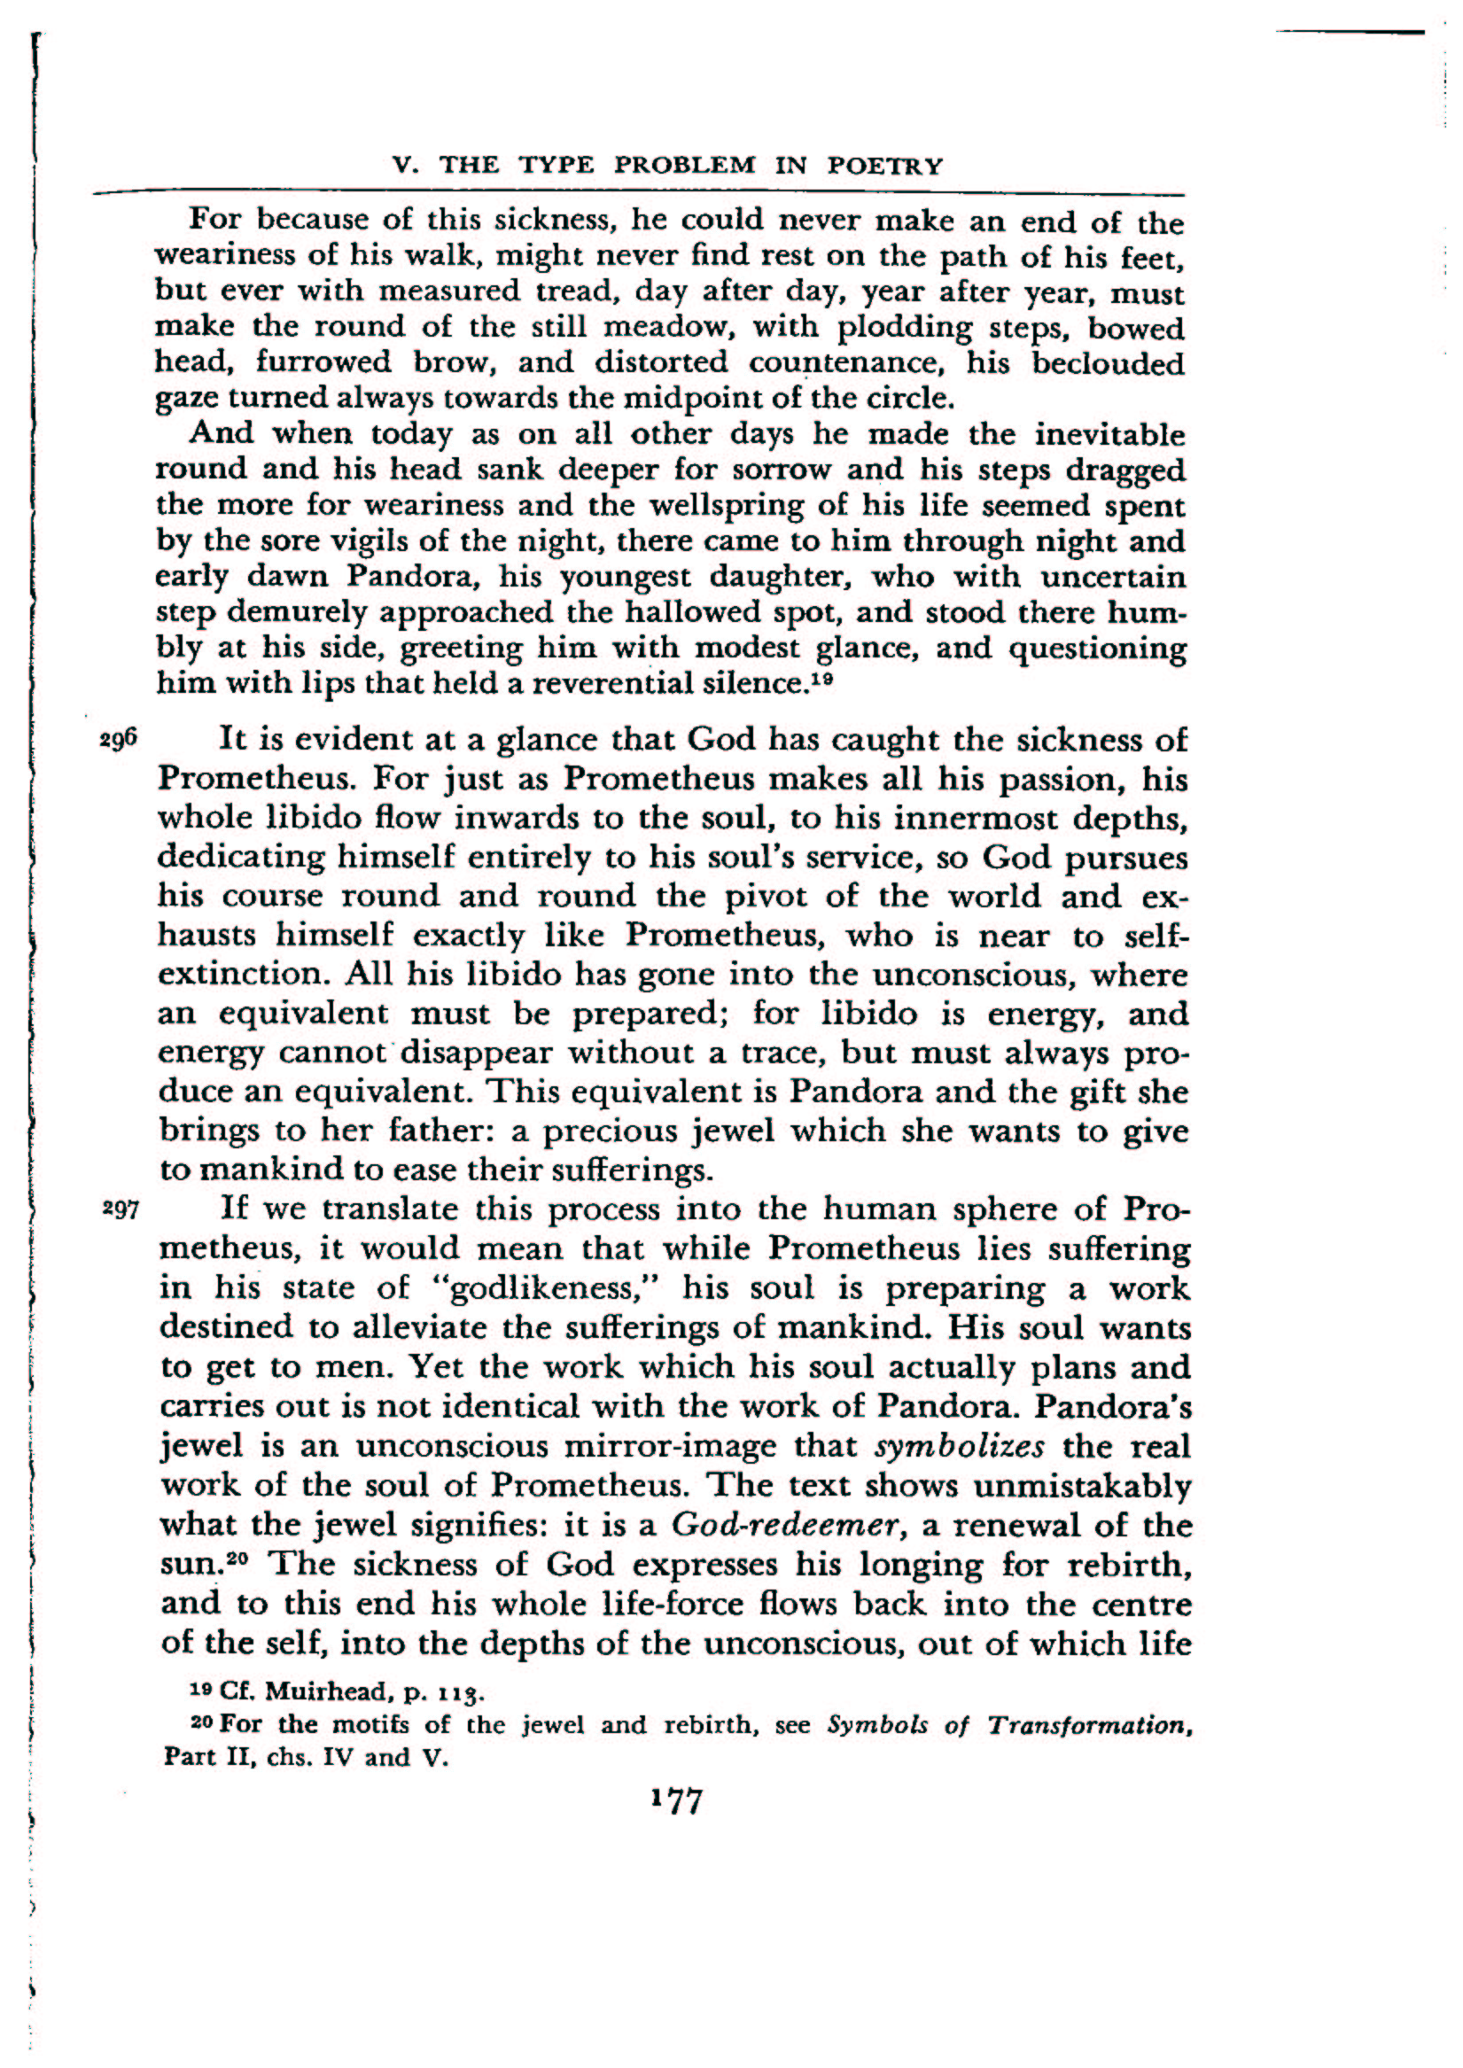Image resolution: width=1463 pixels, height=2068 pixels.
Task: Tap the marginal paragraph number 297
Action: coord(121,1209)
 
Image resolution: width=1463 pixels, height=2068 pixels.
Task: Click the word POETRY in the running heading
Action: coord(884,166)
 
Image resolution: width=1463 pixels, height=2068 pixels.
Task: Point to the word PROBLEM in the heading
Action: coord(685,166)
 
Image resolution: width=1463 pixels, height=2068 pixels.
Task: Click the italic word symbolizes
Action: coord(960,1447)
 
